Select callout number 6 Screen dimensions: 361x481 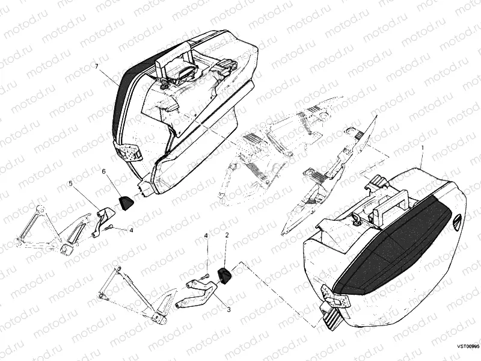103,171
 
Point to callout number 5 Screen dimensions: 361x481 70,184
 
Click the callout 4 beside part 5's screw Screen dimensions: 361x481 131,230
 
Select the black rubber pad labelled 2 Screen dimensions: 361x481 225,276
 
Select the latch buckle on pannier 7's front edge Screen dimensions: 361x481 129,152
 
